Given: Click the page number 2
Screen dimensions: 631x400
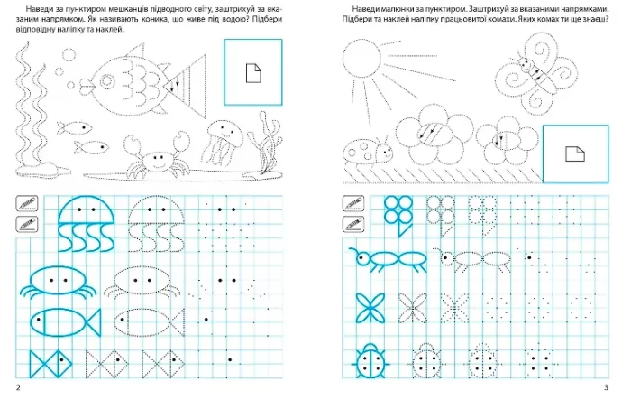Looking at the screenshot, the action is pyautogui.click(x=18, y=388).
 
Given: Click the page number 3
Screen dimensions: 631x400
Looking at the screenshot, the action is pyautogui.click(x=606, y=388).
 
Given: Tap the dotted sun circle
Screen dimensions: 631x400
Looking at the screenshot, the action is pyautogui.click(x=361, y=58).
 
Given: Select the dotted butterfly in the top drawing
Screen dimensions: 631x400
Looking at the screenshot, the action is pyautogui.click(x=535, y=72).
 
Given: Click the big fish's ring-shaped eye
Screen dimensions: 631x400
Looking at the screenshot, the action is pyautogui.click(x=106, y=81).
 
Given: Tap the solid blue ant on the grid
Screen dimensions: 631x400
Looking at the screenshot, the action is pyautogui.click(x=387, y=258).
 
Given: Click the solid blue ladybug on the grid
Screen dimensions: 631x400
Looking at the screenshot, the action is pyautogui.click(x=370, y=362).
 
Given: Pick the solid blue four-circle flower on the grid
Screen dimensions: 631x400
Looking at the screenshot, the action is pyautogui.click(x=398, y=216).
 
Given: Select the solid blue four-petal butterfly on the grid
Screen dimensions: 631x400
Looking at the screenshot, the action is pyautogui.click(x=370, y=308).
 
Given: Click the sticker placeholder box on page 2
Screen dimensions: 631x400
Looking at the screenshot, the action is pyautogui.click(x=253, y=72).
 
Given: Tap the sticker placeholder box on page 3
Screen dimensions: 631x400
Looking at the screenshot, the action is pyautogui.click(x=575, y=154).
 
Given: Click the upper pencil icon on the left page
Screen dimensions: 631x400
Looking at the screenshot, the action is pyautogui.click(x=27, y=204).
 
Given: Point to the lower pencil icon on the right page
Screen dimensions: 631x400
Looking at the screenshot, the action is pyautogui.click(x=353, y=224).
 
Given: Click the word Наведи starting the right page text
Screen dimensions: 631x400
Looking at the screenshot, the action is pyautogui.click(x=364, y=9).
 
